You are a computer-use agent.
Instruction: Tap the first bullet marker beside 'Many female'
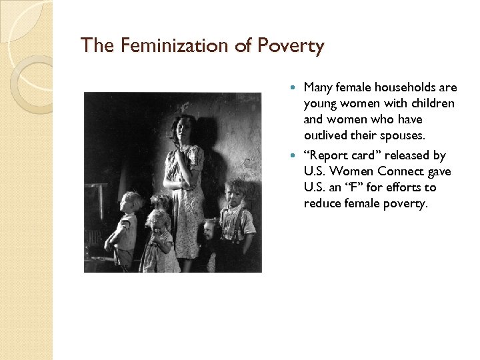click(x=296, y=87)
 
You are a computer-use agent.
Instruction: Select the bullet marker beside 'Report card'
click(x=296, y=155)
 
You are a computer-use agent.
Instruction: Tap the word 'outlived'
click(x=326, y=135)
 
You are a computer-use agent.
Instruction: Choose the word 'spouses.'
click(x=402, y=135)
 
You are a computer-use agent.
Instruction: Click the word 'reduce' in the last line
click(x=322, y=203)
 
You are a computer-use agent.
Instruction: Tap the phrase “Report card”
click(x=346, y=155)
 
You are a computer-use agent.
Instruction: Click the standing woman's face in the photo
click(x=181, y=129)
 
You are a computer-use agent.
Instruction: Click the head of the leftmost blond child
click(x=131, y=201)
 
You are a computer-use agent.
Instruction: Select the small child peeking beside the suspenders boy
click(x=211, y=230)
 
